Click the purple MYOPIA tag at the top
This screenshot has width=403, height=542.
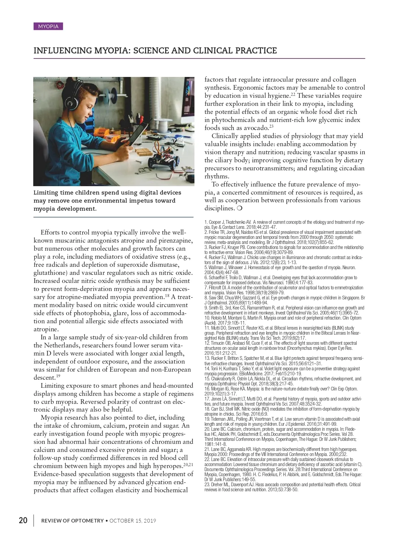click(48, 26)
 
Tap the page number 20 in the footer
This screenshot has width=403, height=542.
click(23, 520)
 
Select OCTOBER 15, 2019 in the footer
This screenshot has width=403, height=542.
click(133, 521)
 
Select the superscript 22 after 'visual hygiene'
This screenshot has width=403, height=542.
click(293, 94)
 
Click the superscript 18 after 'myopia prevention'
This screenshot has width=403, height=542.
click(167, 295)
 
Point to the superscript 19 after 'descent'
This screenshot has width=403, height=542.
click(58, 376)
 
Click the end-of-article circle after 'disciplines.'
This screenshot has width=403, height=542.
click(239, 208)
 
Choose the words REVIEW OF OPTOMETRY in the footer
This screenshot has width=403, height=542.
click(72, 521)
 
